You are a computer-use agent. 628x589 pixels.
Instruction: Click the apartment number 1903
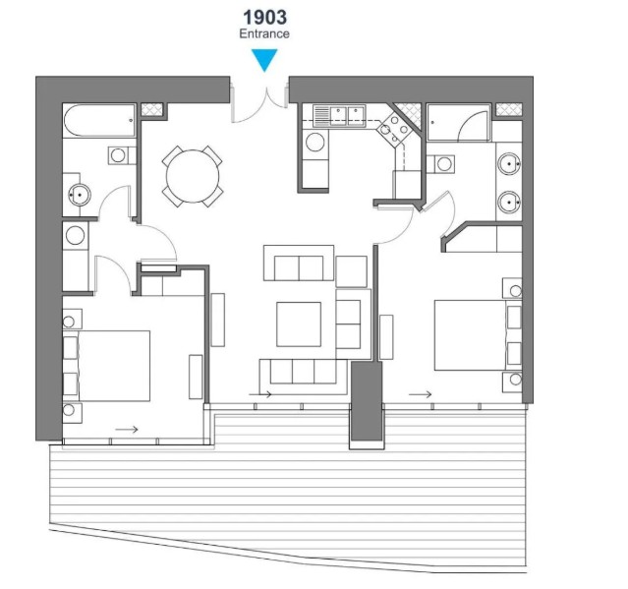click(264, 18)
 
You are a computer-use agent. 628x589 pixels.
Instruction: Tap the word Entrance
click(264, 33)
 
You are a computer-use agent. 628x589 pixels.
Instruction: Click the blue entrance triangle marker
click(264, 60)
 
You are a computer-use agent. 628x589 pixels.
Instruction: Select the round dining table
click(193, 176)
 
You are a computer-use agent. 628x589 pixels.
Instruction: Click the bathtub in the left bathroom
click(99, 121)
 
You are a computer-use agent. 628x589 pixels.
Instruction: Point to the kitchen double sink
click(339, 115)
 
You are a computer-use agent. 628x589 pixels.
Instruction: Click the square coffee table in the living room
click(299, 324)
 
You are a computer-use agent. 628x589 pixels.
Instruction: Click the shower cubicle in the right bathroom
click(459, 122)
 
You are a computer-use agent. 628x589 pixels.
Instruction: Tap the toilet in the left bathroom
click(121, 155)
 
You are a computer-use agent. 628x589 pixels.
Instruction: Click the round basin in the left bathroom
click(80, 195)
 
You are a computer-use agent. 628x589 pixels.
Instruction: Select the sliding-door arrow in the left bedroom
click(127, 430)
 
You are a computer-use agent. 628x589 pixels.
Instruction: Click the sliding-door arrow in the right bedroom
click(420, 394)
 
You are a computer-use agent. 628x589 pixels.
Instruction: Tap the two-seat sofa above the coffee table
click(299, 263)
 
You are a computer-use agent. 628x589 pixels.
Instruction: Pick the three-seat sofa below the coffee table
click(303, 372)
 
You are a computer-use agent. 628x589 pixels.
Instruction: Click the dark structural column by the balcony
click(367, 401)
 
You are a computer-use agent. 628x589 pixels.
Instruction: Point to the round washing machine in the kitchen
click(315, 143)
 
